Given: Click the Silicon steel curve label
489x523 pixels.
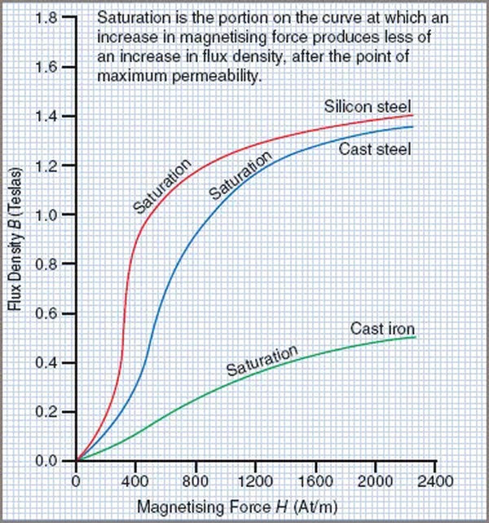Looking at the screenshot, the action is pos(368,106).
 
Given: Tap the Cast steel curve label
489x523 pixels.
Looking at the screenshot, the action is pos(375,149).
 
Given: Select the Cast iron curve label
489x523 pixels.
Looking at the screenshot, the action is pos(382,329).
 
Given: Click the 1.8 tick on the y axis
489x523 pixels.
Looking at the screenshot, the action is pos(47,18).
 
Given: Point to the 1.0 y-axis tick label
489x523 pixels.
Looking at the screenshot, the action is pos(47,215).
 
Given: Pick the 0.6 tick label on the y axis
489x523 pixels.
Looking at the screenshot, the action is pos(46,313).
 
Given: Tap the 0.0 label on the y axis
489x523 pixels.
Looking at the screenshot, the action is pos(46,461).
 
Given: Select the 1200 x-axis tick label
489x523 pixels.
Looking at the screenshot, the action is pos(255,481).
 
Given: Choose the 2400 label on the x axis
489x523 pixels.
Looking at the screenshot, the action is pos(435,481).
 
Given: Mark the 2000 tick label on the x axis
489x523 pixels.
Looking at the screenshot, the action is pos(375,481).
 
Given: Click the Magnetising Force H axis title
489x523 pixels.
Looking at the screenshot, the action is pos(237,507).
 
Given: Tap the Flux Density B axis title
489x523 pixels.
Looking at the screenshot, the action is pos(15,238).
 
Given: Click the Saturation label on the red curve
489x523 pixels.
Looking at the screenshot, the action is pos(162,186).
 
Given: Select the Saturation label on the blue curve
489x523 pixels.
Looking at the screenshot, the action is pos(240,175).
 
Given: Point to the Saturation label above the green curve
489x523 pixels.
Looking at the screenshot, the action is pos(262,360).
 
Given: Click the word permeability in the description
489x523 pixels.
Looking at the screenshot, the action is pos(215,76).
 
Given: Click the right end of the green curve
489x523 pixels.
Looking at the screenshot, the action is pos(416,337).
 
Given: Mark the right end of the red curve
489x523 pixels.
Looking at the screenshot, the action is pos(412,115).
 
